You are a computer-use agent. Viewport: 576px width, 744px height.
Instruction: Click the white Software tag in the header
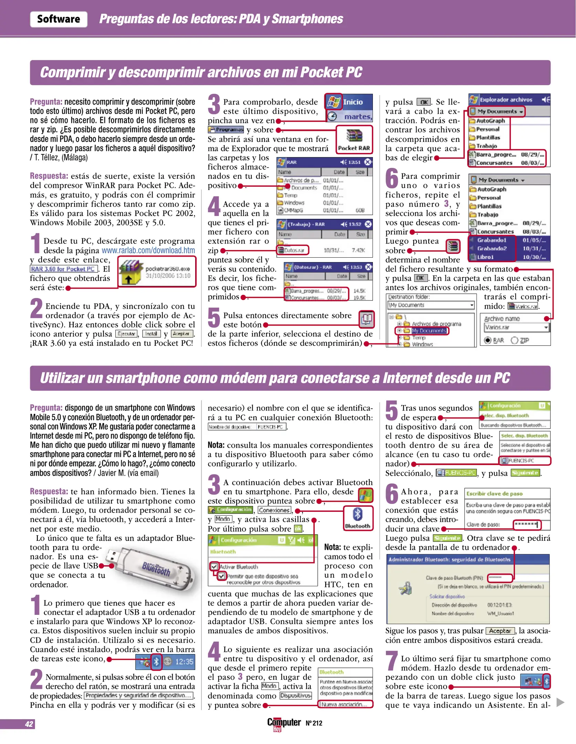59,19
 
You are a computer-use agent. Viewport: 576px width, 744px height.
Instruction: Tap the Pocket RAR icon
354,136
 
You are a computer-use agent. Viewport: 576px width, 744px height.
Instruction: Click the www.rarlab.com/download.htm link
148,250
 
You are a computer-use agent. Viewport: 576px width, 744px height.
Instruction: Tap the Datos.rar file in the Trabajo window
293,250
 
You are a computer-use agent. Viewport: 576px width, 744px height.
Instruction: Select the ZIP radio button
515,340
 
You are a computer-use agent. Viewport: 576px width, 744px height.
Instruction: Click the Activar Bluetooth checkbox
214,566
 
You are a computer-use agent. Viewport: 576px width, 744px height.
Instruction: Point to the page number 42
29,724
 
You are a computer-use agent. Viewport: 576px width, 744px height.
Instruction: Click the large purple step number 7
392,660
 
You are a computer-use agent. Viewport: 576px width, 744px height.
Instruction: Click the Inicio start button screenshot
349,102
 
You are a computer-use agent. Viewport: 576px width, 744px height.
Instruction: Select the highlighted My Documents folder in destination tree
429,331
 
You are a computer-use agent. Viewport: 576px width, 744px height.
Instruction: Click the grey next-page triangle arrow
561,702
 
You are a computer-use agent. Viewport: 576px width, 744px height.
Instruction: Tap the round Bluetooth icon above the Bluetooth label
358,514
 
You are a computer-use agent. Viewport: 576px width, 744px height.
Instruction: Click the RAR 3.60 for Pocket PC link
63,269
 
